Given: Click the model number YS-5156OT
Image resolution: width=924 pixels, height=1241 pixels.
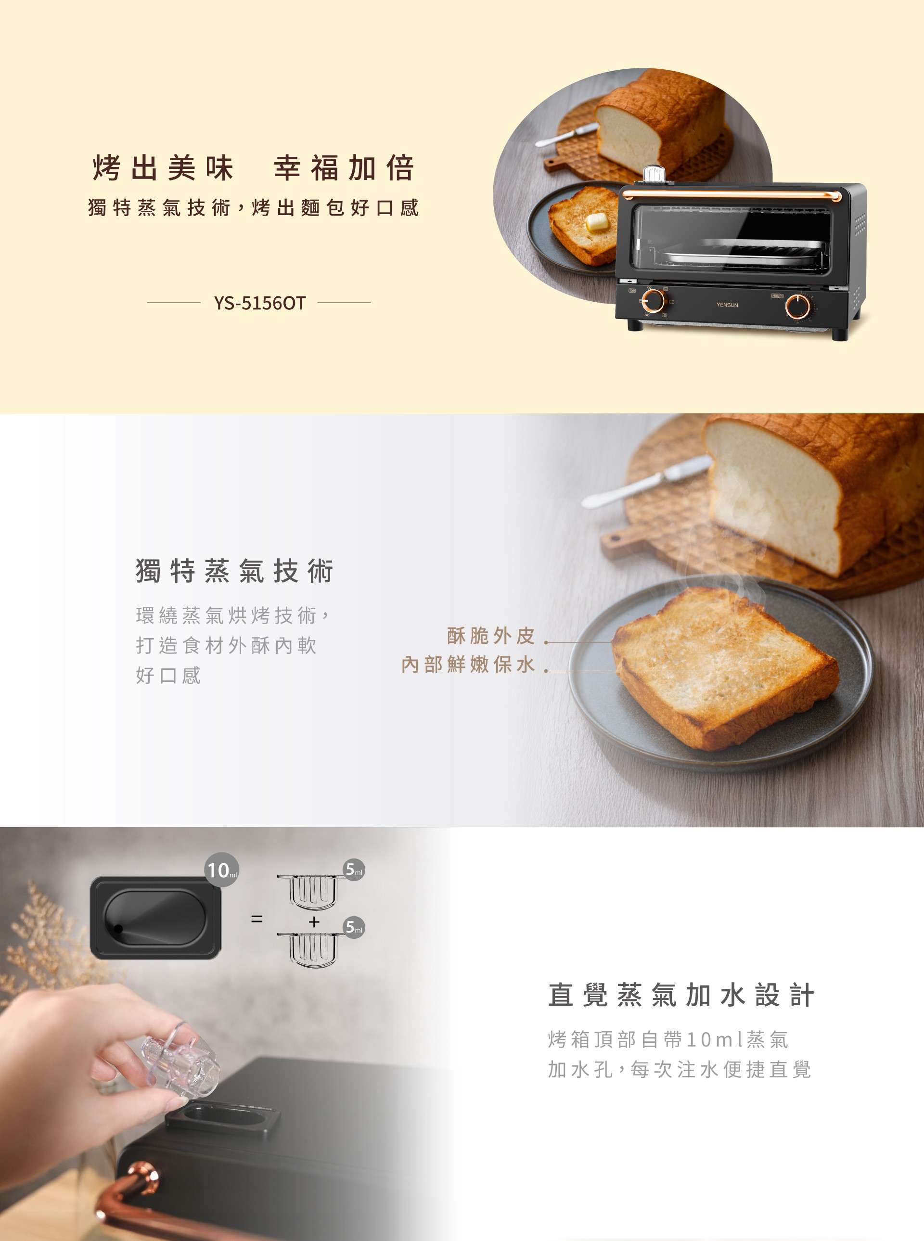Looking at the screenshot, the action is click(x=259, y=303).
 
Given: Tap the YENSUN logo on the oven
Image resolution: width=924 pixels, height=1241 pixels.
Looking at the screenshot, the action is click(x=727, y=305).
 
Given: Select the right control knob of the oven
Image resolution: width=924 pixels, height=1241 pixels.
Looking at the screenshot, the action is click(x=797, y=306).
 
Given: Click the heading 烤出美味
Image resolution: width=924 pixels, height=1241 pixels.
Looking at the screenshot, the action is click(x=163, y=168).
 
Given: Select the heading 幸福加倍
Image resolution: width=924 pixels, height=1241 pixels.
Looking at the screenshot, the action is click(x=344, y=168).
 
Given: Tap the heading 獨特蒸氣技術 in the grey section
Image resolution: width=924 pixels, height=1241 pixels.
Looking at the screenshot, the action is click(x=234, y=571).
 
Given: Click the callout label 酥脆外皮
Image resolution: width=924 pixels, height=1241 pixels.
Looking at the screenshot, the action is click(x=490, y=635).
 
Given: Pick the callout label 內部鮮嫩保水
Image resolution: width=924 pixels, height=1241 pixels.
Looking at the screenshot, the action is click(x=468, y=665).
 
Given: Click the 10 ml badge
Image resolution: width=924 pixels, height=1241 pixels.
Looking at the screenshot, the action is click(x=222, y=870).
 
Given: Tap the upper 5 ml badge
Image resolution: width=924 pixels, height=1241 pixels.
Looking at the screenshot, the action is click(x=354, y=870).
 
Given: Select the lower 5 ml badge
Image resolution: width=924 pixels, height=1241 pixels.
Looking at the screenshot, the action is click(x=354, y=927).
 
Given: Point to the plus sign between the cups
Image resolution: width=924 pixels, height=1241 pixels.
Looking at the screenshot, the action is click(x=314, y=921).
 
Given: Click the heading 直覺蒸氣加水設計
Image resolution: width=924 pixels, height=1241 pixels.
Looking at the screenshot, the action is click(x=680, y=995).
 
